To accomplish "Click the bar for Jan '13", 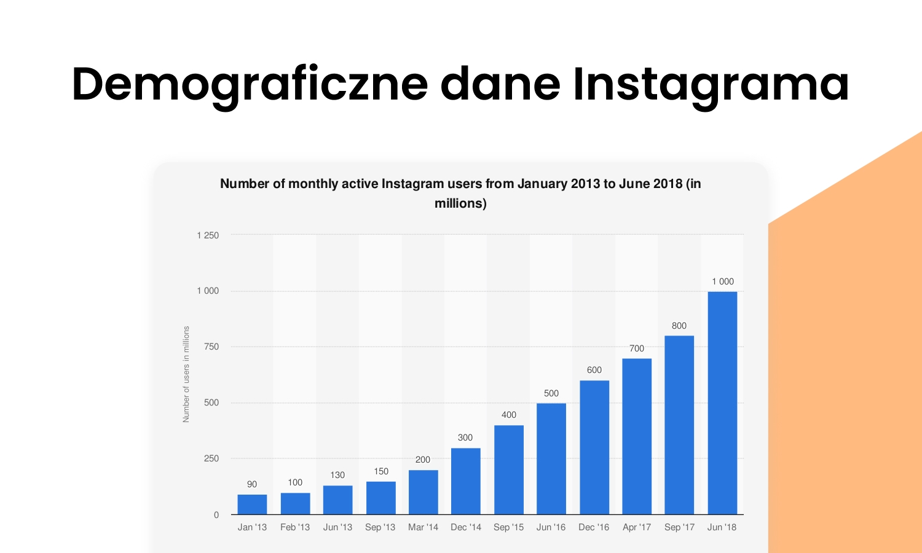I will [x=252, y=504].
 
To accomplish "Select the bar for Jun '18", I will [x=722, y=403].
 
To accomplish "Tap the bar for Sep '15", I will [x=509, y=470].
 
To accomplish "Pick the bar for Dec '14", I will [x=466, y=481].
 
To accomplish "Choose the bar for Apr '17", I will [x=637, y=436].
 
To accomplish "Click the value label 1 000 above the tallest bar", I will [x=723, y=281].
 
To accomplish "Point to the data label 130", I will [x=337, y=475].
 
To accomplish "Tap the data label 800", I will [x=679, y=326].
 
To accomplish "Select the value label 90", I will [x=252, y=484].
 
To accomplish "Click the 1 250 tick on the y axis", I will [x=208, y=235].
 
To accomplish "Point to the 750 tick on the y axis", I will [x=211, y=347].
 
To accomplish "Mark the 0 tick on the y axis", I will [x=216, y=515].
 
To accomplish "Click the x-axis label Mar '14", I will [x=424, y=527].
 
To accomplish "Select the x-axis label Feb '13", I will [x=295, y=527].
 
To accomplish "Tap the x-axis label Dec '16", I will [x=594, y=527].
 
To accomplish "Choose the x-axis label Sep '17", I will [x=679, y=527].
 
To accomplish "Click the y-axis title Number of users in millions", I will [x=186, y=374].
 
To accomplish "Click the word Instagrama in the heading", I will [x=711, y=84].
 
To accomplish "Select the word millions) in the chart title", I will [x=460, y=203].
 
